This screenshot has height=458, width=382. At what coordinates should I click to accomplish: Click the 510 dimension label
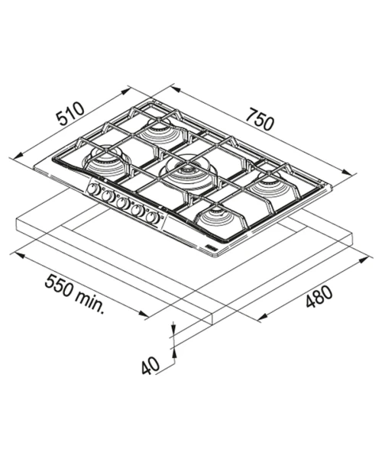(70, 113)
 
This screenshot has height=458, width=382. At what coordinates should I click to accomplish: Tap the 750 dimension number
(260, 119)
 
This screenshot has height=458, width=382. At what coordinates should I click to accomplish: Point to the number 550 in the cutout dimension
(60, 285)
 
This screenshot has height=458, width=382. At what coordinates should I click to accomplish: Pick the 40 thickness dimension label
(151, 366)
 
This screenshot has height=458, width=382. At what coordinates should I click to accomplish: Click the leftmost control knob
(93, 189)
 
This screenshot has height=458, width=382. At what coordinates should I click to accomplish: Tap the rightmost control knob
(153, 218)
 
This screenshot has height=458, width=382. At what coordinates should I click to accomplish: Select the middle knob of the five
(123, 204)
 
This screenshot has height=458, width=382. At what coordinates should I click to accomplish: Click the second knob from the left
(108, 196)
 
